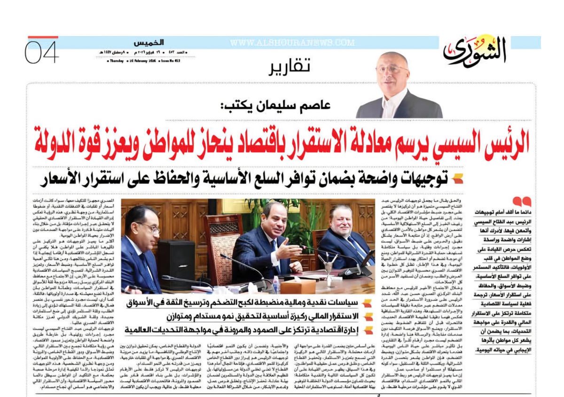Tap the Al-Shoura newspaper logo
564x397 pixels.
pyautogui.click(x=475, y=50)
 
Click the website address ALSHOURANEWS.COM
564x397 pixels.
pyautogui.click(x=292, y=43)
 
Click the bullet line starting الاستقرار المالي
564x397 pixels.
pyautogui.click(x=244, y=316)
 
